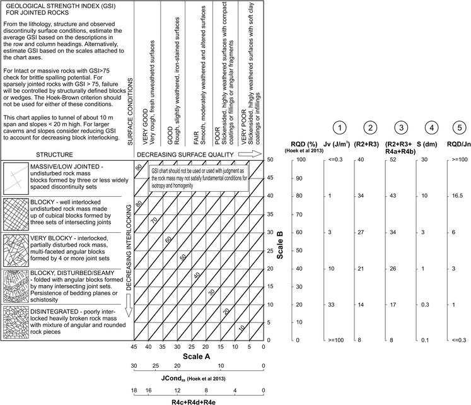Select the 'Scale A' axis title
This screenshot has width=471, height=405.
click(x=197, y=358)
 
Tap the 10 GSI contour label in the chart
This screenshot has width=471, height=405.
click(x=241, y=329)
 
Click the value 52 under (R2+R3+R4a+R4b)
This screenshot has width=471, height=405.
click(x=393, y=160)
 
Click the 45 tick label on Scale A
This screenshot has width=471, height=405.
click(x=134, y=347)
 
